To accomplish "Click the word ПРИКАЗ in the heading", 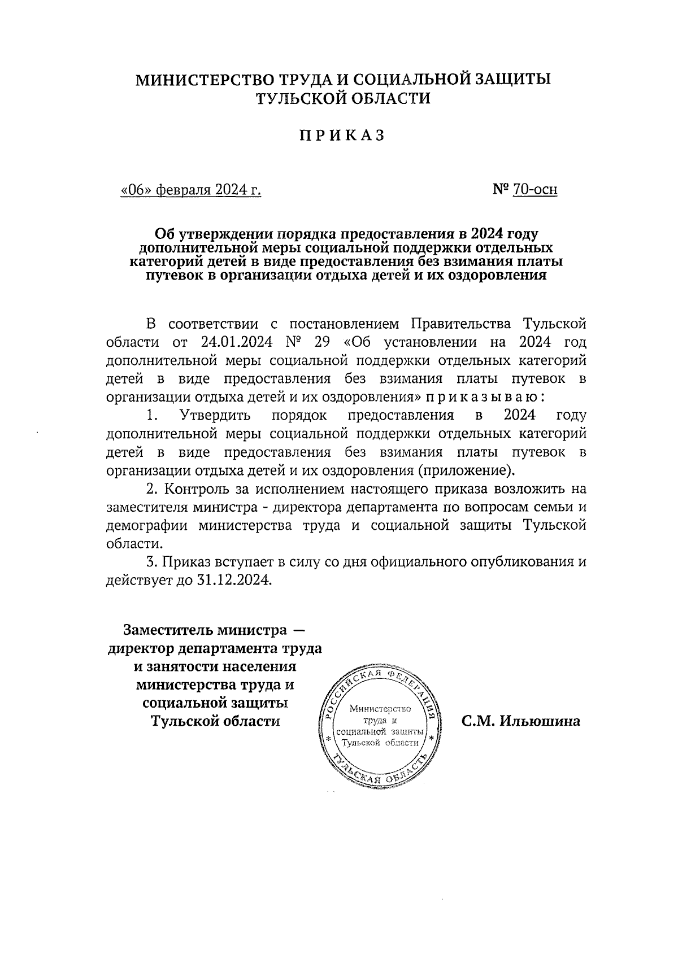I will [x=342, y=136].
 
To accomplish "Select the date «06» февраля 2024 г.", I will [x=191, y=190].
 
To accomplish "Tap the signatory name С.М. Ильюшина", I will [x=520, y=721].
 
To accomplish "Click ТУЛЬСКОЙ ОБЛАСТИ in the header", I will [x=343, y=99].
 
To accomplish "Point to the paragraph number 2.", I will [x=150, y=489].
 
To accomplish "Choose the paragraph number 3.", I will [x=150, y=562].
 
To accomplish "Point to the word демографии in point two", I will [x=147, y=525].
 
